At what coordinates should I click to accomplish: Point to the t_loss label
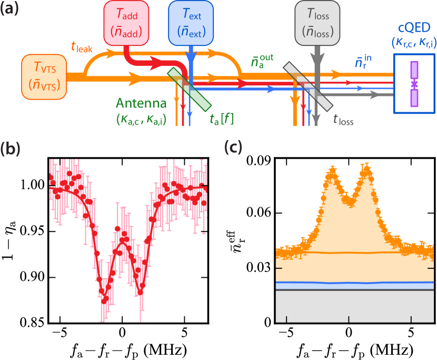pyautogui.click(x=343, y=120)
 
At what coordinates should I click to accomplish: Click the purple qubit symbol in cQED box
pyautogui.click(x=414, y=84)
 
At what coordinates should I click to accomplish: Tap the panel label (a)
pyautogui.click(x=10, y=10)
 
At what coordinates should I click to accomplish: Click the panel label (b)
pyautogui.click(x=10, y=150)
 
